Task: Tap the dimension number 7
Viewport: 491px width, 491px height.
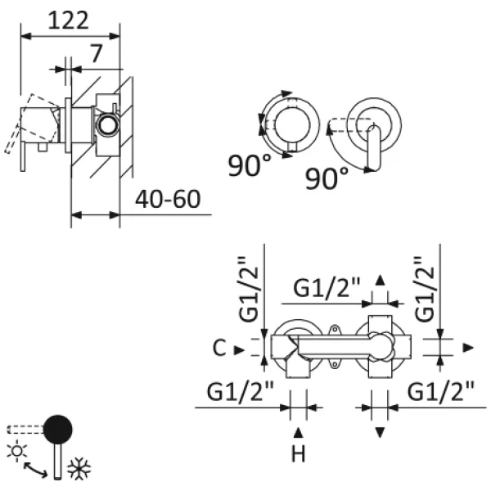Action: coord(97,55)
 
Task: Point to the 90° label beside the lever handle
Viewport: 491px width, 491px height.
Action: coord(327,177)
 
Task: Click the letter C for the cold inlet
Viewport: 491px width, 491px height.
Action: coord(218,349)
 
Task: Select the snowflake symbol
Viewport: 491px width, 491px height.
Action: coord(79,468)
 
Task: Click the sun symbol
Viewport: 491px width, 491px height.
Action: coord(15,449)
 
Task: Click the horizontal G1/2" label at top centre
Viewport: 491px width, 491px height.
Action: coord(327,288)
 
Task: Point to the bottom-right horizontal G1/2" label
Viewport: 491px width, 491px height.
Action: coord(441,393)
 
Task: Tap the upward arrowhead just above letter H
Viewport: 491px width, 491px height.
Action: coord(299,430)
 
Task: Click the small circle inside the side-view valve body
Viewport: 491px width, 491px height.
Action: coord(106,125)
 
